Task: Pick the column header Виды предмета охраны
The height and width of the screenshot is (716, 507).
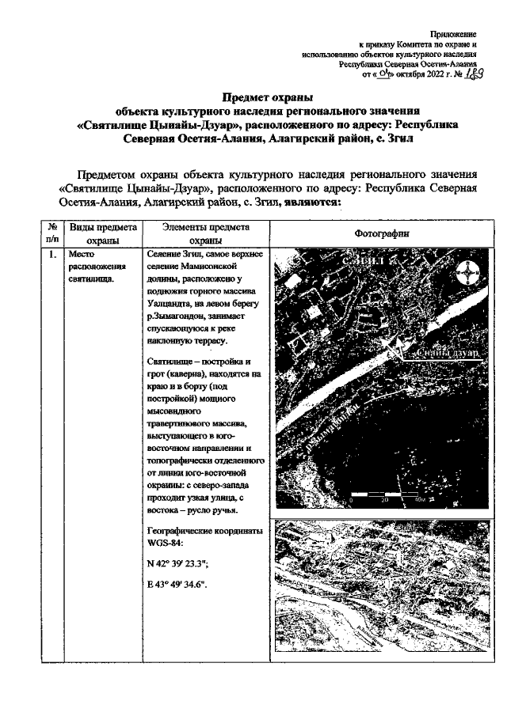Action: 103,233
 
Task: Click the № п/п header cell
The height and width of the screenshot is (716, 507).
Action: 52,233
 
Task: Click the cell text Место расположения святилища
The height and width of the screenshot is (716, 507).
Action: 92,267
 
